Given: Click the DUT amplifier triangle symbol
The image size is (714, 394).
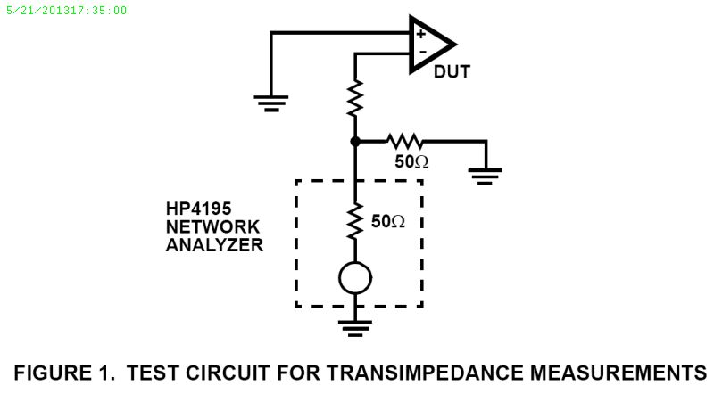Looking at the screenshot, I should click(431, 44).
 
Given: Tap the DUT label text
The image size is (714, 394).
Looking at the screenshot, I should click(452, 72).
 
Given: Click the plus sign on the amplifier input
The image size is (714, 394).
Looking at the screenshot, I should click(420, 34).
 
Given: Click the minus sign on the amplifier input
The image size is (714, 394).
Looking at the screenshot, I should click(421, 53).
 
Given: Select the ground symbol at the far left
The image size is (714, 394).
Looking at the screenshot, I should click(270, 101).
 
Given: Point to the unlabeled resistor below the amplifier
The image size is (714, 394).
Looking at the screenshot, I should click(355, 99).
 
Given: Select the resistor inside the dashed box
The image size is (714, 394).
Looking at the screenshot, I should click(355, 221).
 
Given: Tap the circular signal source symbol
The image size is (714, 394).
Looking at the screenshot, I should click(355, 279).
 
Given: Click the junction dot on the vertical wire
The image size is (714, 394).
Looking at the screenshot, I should click(355, 141).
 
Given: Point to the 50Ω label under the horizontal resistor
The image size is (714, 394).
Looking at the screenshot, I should click(412, 162).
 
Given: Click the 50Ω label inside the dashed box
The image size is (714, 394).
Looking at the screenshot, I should click(386, 220).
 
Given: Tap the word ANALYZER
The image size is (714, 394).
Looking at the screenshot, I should click(214, 245).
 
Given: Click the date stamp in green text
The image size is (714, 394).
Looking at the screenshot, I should click(65, 11).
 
